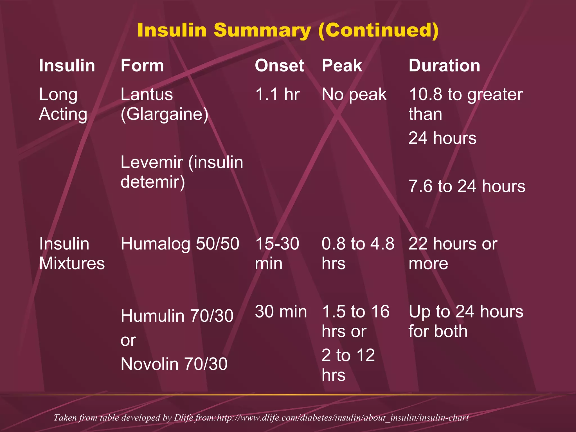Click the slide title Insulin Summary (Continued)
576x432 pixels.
pyautogui.click(x=288, y=30)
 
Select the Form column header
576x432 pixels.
pyautogui.click(x=142, y=66)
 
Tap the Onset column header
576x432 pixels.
pyautogui.click(x=279, y=66)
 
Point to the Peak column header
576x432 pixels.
pyautogui.click(x=342, y=66)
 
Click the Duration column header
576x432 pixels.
pyautogui.click(x=444, y=66)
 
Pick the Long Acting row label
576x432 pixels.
pyautogui.click(x=63, y=104)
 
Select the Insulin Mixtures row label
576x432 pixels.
pyautogui.click(x=72, y=253)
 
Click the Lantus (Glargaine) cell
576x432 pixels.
pyautogui.click(x=164, y=104)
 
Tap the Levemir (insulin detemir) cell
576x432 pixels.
pyautogui.click(x=182, y=172)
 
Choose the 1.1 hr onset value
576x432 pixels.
pyautogui.click(x=277, y=94)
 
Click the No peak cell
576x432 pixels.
pyautogui.click(x=354, y=94)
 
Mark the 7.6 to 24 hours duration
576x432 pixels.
pyautogui.click(x=467, y=186)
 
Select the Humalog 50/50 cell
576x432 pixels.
pyautogui.click(x=180, y=244)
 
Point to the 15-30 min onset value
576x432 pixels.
pyautogui.click(x=277, y=253)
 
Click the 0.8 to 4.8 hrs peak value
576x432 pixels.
pyautogui.click(x=358, y=253)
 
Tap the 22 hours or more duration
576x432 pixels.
pyautogui.click(x=453, y=253)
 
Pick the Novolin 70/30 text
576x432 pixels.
pyautogui.click(x=174, y=364)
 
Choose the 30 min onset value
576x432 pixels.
pyautogui.click(x=281, y=312)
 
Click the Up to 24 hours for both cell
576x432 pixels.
pyautogui.click(x=466, y=321)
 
